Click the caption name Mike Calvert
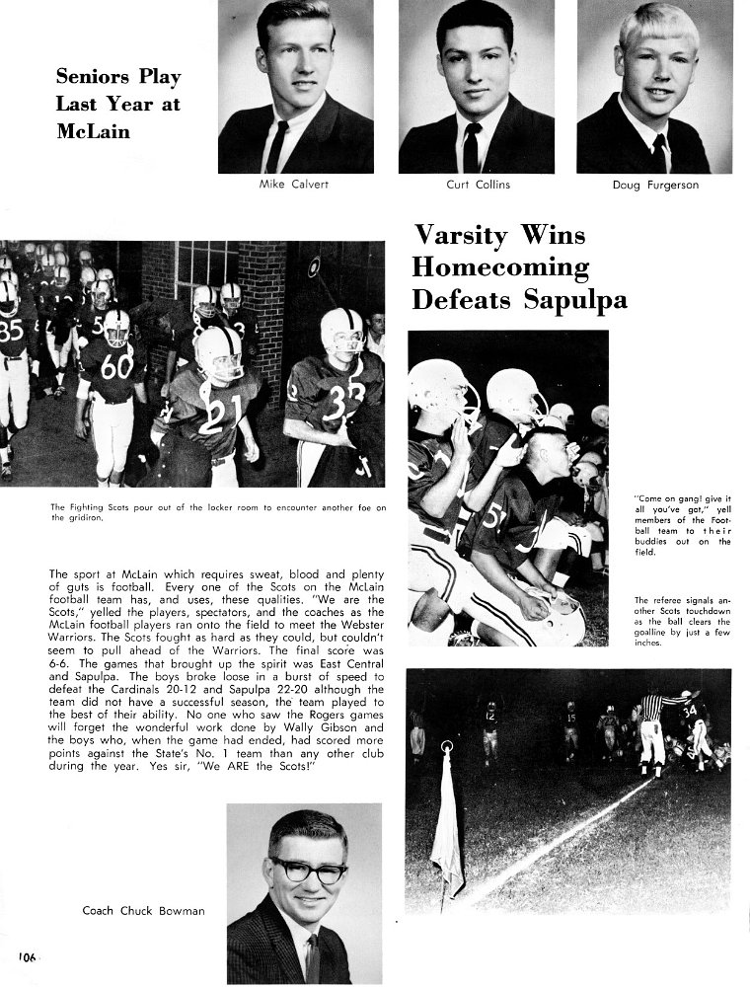pos(295,185)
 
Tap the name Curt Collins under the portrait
pos(478,185)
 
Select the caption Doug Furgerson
pos(655,185)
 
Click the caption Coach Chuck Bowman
pos(143,911)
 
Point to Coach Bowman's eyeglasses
pos(308,872)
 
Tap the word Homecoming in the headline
pos(500,267)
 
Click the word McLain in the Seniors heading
pos(94,132)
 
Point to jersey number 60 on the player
pos(116,367)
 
